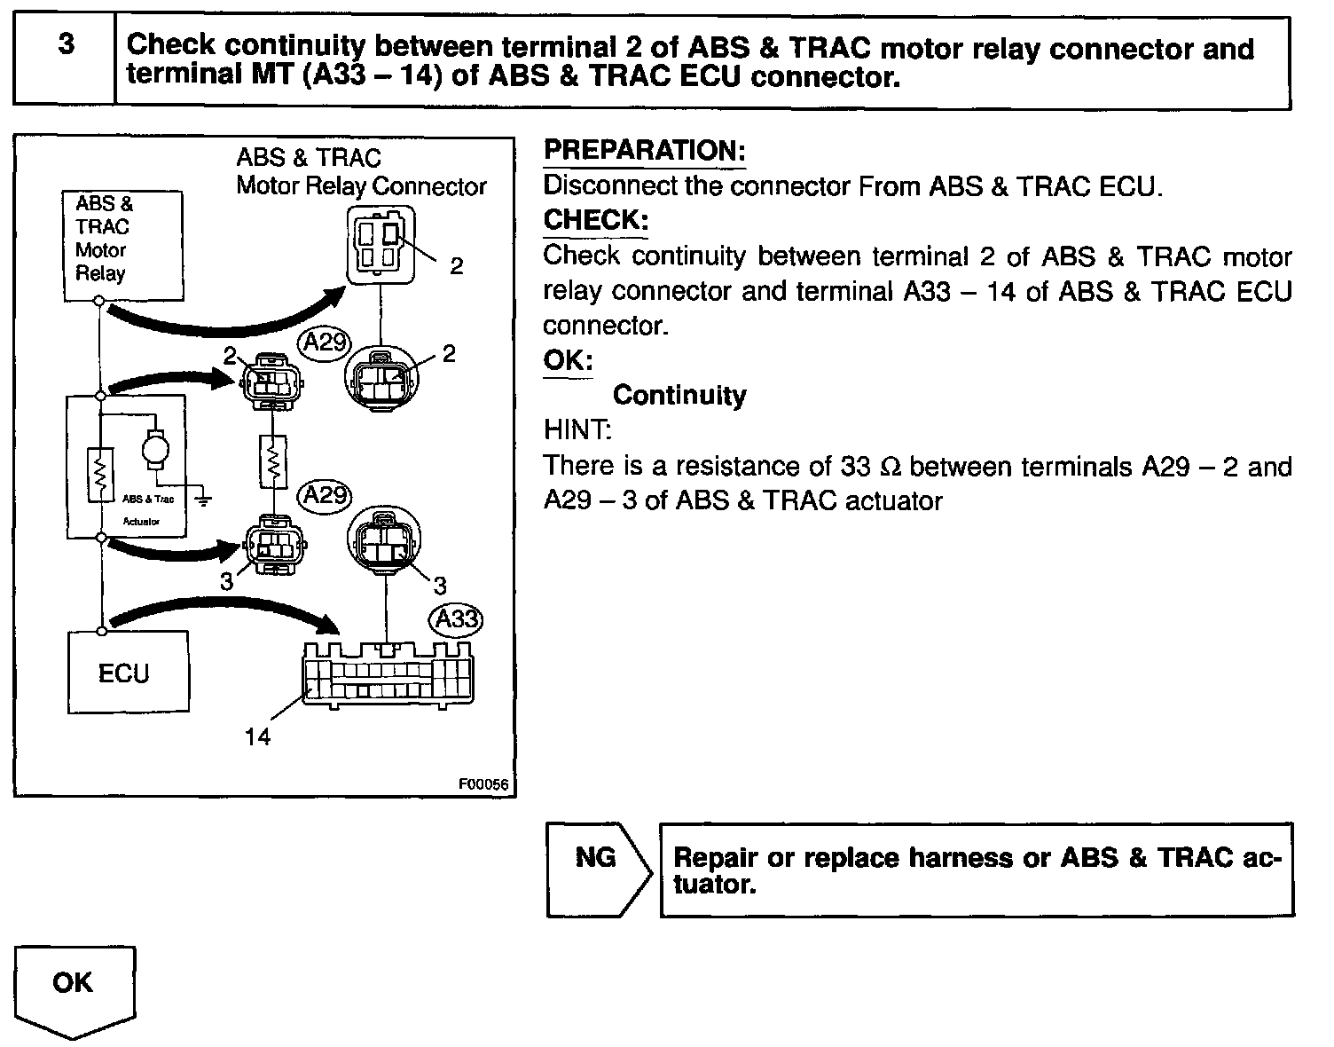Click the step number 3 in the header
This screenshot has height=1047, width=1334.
pyautogui.click(x=66, y=44)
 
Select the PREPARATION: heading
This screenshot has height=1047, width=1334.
pyautogui.click(x=644, y=151)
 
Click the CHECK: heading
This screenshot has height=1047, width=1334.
pyautogui.click(x=595, y=220)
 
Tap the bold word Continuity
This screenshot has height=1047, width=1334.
pyautogui.click(x=679, y=395)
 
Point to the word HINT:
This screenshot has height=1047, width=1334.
pyautogui.click(x=577, y=430)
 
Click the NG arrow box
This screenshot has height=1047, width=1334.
pyautogui.click(x=597, y=869)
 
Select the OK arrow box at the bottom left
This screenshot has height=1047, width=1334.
pyautogui.click(x=74, y=988)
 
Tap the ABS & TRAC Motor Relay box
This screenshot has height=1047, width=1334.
pyautogui.click(x=123, y=244)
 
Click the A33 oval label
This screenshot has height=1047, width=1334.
pyautogui.click(x=456, y=618)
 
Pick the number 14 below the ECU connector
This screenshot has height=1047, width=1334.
pyautogui.click(x=257, y=736)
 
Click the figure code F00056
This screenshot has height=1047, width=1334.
pyautogui.click(x=483, y=784)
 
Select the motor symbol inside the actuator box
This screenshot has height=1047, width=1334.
pyautogui.click(x=156, y=446)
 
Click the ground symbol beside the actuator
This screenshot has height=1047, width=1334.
pyautogui.click(x=203, y=500)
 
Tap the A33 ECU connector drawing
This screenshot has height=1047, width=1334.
pyautogui.click(x=388, y=673)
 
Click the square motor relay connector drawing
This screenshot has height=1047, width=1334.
pyautogui.click(x=381, y=245)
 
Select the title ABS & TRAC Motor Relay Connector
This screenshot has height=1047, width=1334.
pyautogui.click(x=360, y=172)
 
